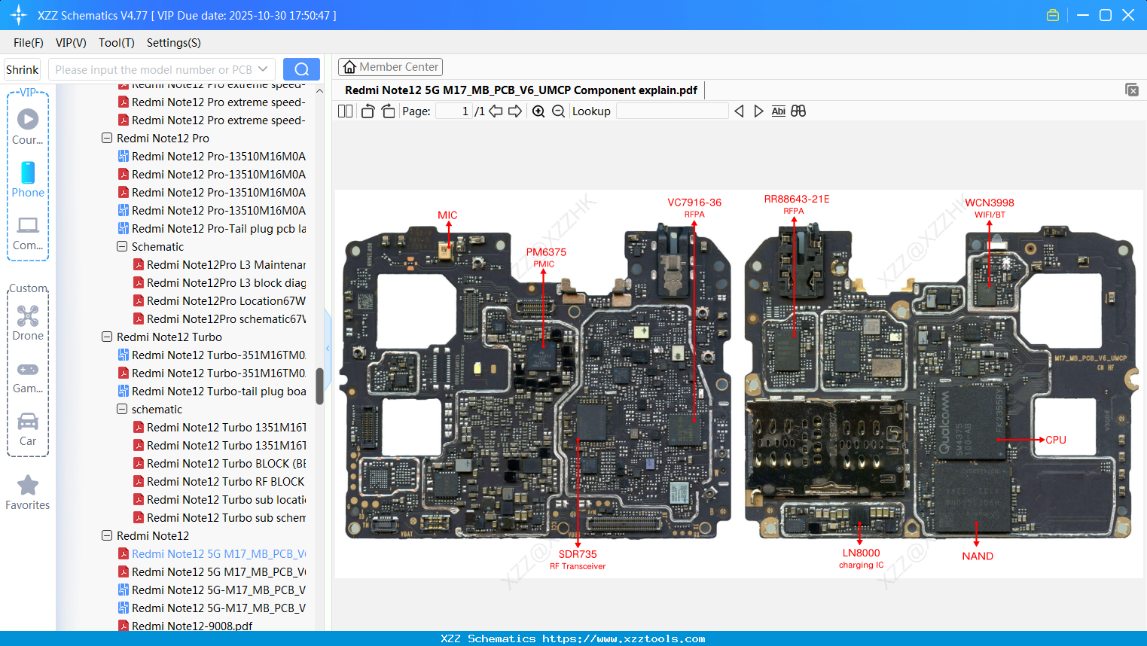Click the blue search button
301,69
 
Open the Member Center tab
390,67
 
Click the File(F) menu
29,43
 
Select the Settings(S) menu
173,43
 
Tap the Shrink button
23,69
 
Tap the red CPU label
1056,440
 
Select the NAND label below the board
978,556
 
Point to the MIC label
447,215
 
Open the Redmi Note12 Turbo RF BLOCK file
225,482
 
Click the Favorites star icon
28,486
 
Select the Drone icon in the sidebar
28,316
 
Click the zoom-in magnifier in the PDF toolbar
538,111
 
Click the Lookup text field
672,111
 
